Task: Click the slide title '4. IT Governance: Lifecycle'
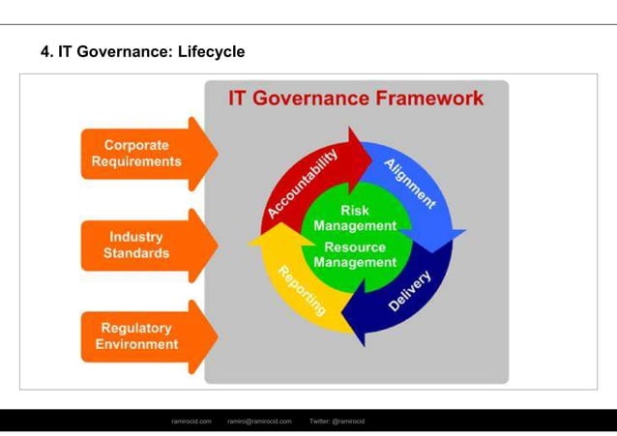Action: tap(142, 51)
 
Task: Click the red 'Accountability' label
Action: tap(303, 184)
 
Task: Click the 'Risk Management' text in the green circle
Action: tap(355, 218)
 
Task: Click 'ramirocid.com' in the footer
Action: tap(191, 421)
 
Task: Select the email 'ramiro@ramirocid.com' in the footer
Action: tap(259, 421)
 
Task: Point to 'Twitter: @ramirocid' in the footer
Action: tap(337, 421)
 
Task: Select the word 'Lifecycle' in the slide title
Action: tap(212, 51)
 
